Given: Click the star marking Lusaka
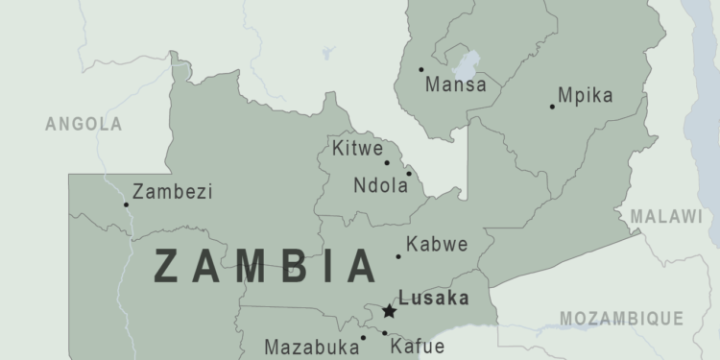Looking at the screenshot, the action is click(389, 311).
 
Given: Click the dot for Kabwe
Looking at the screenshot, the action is click(398, 256).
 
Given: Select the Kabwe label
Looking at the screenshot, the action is click(437, 244).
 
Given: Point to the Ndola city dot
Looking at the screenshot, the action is click(408, 174).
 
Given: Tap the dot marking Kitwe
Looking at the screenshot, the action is click(387, 162).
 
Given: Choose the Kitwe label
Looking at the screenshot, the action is click(357, 149).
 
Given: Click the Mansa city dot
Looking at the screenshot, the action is click(420, 69).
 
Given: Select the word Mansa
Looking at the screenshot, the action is click(456, 84).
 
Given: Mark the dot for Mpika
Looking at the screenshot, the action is click(552, 106).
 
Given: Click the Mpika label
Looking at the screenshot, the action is click(585, 95).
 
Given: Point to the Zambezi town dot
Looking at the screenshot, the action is click(126, 204).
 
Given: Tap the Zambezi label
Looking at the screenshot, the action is click(173, 191).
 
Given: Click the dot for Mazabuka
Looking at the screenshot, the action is click(363, 337).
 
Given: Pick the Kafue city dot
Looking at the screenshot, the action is click(384, 333).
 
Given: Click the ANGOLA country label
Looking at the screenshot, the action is click(84, 124).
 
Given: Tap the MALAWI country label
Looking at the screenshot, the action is click(666, 216).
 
